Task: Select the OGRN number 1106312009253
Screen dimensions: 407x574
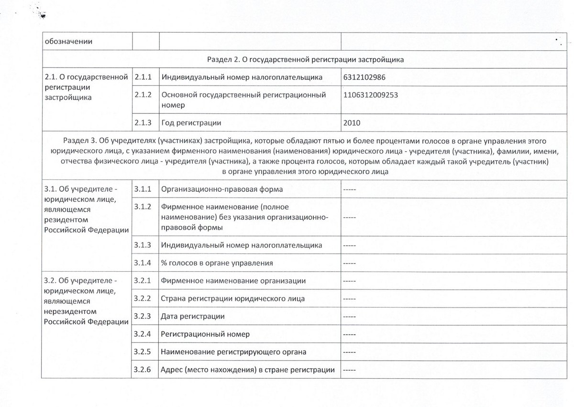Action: click(371, 95)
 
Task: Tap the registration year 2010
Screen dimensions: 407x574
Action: click(352, 122)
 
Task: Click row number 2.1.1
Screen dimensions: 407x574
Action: click(143, 77)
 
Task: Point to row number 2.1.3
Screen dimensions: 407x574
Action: click(143, 122)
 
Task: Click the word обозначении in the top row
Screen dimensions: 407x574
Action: click(68, 41)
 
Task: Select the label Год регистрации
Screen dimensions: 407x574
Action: click(191, 122)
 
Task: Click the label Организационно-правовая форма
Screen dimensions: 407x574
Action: click(222, 189)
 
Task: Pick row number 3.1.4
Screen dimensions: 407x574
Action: click(143, 263)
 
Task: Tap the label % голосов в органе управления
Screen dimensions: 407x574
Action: click(217, 263)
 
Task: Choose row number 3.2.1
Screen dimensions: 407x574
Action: click(143, 280)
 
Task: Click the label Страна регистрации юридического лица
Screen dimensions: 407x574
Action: click(233, 298)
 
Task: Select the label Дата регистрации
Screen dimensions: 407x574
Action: click(193, 316)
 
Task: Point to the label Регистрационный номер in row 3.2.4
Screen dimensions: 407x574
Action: click(205, 334)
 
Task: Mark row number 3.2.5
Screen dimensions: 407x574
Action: click(143, 352)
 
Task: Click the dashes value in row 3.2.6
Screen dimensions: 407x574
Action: click(350, 370)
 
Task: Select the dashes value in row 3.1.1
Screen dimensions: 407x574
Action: click(350, 189)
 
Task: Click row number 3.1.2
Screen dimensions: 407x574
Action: click(143, 207)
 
